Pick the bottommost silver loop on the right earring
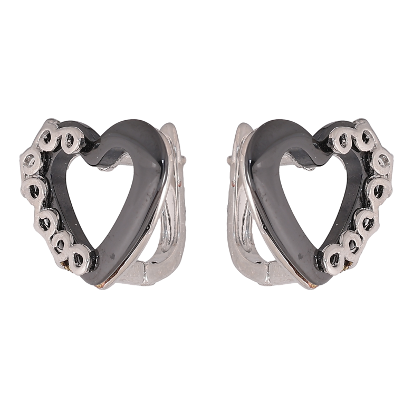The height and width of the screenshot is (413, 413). [x=336, y=258]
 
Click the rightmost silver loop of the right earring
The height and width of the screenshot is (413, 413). [x=385, y=158]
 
